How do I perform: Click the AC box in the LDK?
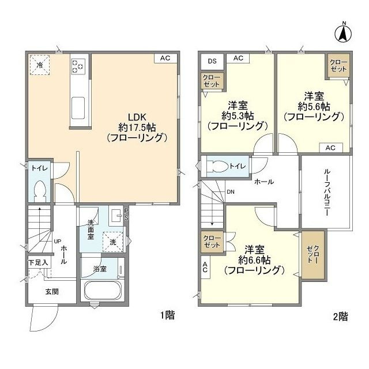point(165,58)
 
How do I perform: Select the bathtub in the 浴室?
point(101,291)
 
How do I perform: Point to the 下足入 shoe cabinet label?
point(39,262)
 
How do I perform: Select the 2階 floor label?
point(340,315)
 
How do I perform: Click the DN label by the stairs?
point(231,192)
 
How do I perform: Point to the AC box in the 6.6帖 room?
point(205,266)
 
